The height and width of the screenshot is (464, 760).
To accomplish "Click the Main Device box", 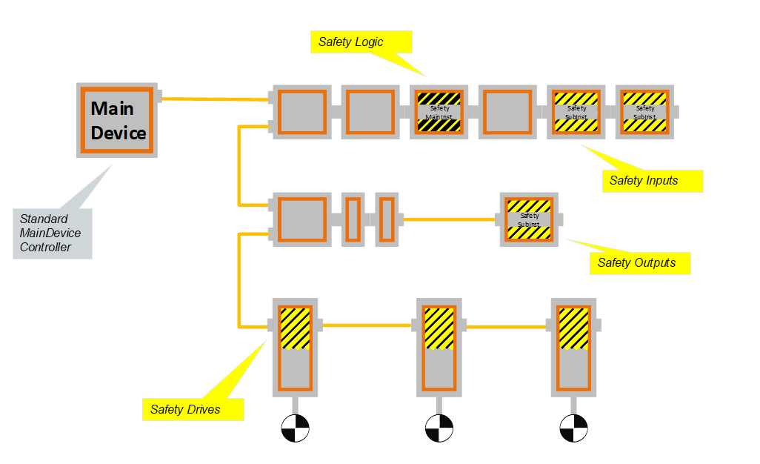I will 116,119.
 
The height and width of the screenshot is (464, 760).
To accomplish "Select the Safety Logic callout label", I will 359,42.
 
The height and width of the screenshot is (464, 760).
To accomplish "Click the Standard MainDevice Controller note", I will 52,233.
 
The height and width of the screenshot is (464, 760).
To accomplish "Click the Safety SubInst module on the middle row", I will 530,220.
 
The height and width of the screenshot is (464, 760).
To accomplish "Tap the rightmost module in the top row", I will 645,112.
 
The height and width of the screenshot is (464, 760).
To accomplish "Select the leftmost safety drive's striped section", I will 296,328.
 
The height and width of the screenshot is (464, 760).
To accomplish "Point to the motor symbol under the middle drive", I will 439,428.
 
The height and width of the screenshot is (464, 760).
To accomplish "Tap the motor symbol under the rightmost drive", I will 573,428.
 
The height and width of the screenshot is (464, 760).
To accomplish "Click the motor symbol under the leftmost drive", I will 295,428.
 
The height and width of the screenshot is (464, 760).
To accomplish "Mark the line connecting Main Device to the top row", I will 215,99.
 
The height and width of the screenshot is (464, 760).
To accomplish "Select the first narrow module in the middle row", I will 353,219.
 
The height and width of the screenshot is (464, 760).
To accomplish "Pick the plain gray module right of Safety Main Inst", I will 507,112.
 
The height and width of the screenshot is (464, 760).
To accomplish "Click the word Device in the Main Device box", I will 119,133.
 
